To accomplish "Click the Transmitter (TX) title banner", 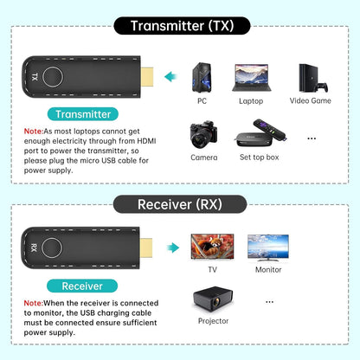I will (180, 25).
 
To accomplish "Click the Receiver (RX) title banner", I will (180, 204).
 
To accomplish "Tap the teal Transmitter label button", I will (83, 113).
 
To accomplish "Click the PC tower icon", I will (202, 78).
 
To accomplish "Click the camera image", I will (203, 136).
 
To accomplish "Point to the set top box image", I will (257, 137).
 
